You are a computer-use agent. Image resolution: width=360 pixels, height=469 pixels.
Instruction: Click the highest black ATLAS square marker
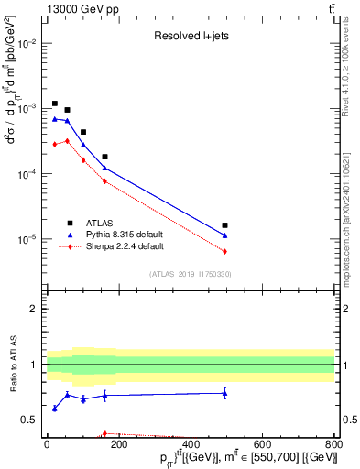coord(55,104)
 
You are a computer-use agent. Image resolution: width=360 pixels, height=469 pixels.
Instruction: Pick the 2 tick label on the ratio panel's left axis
coord(34,309)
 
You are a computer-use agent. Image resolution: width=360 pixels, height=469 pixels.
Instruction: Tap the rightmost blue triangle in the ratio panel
coord(224,394)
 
